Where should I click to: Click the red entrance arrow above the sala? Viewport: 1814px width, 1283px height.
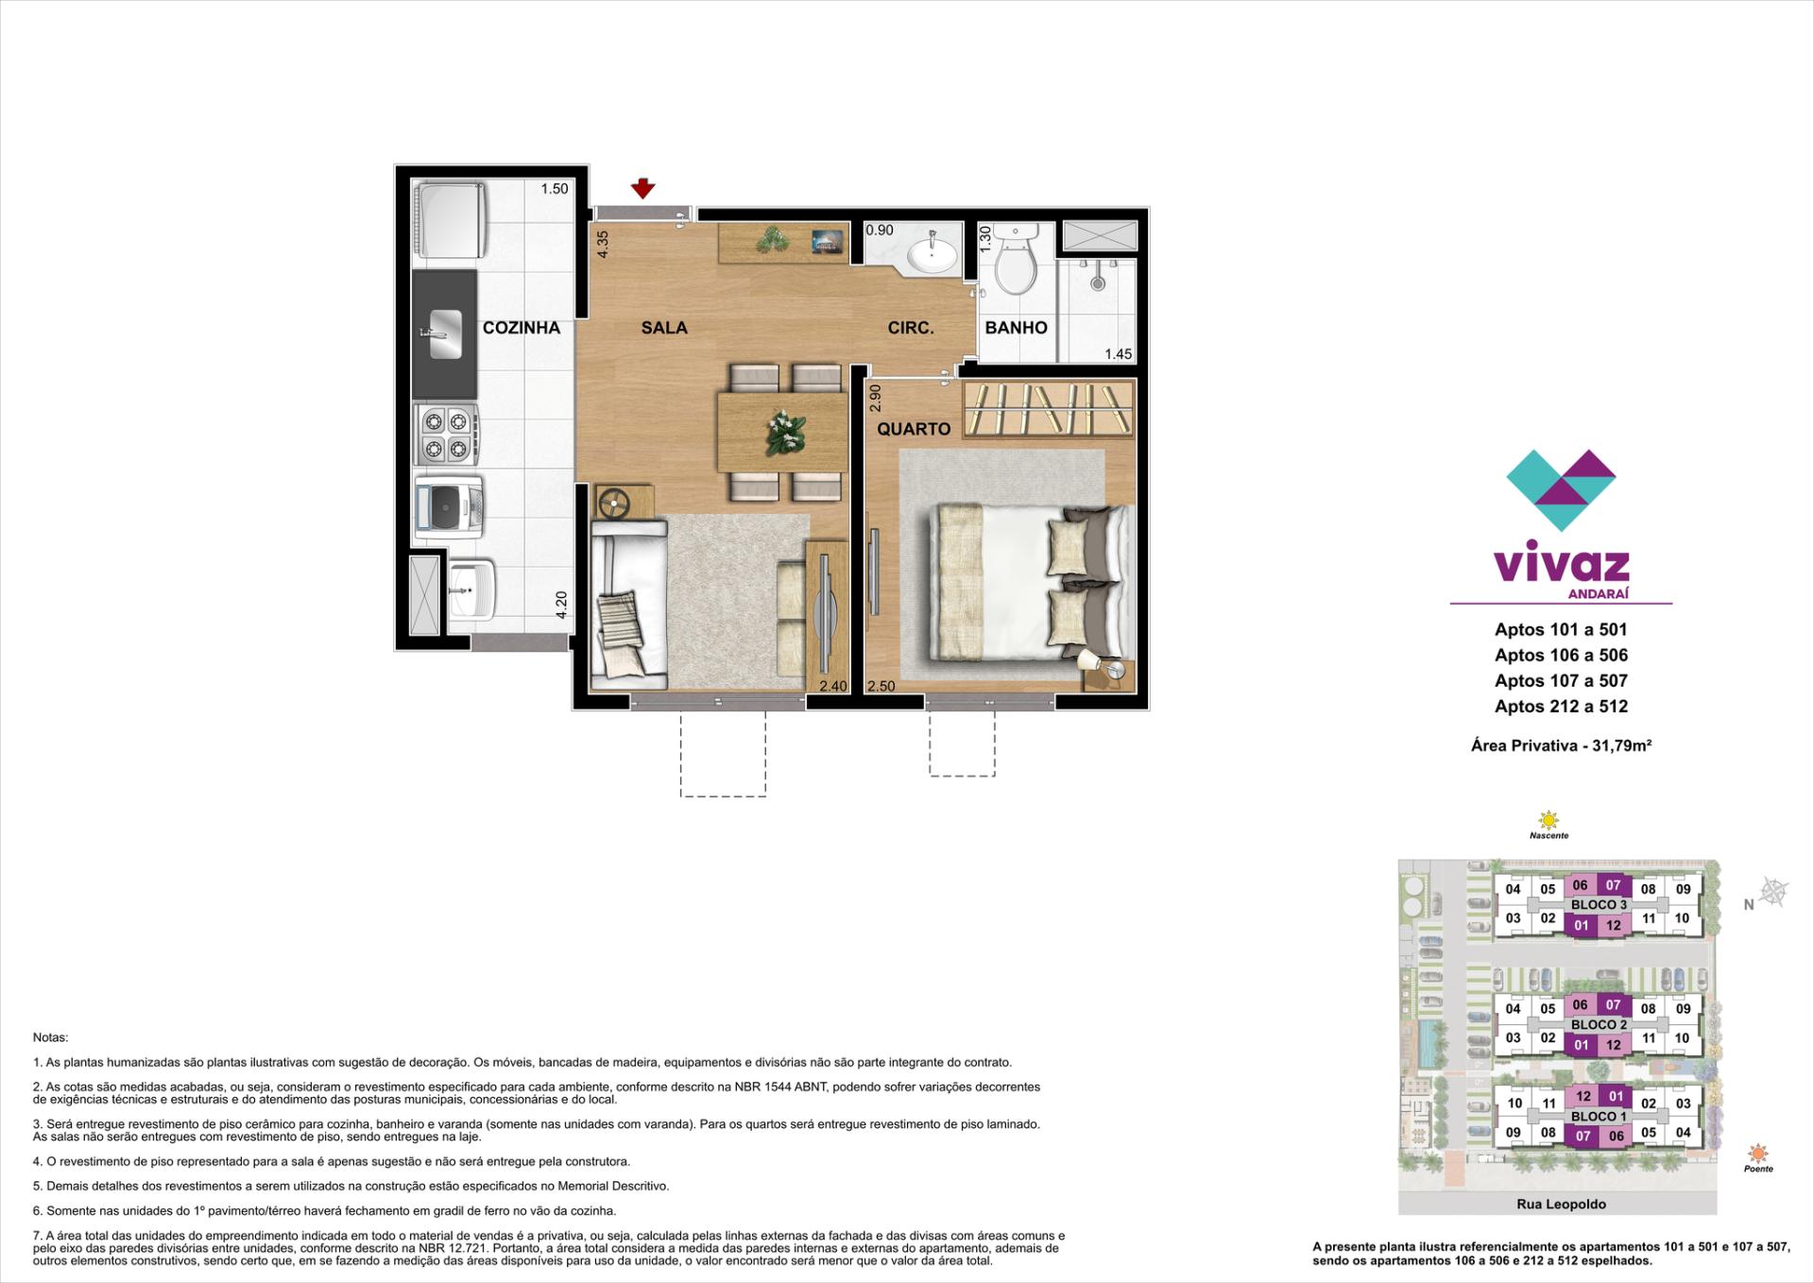pyautogui.click(x=642, y=188)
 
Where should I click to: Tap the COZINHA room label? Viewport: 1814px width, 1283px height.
pyautogui.click(x=522, y=328)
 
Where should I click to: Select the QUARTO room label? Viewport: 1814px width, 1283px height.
pyautogui.click(x=914, y=429)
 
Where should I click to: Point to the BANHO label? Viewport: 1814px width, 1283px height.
pyautogui.click(x=1016, y=328)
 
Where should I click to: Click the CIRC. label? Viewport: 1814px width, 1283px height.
pyautogui.click(x=911, y=328)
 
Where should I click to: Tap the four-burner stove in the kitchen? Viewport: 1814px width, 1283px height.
pyautogui.click(x=445, y=434)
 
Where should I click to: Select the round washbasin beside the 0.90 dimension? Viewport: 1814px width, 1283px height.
pyautogui.click(x=933, y=252)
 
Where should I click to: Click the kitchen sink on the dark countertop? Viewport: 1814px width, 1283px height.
pyautogui.click(x=444, y=334)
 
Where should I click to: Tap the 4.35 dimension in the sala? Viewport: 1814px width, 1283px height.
pyautogui.click(x=603, y=244)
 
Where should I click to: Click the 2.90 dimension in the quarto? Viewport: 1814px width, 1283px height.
pyautogui.click(x=875, y=397)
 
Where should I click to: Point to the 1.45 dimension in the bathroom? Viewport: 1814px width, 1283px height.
pyautogui.click(x=1118, y=354)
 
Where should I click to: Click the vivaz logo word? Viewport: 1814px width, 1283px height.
pyautogui.click(x=1561, y=565)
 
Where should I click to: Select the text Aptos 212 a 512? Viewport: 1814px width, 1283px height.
pyautogui.click(x=1561, y=706)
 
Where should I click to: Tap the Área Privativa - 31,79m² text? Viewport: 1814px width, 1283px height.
pyautogui.click(x=1561, y=745)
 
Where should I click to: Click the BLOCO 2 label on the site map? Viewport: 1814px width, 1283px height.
pyautogui.click(x=1599, y=1024)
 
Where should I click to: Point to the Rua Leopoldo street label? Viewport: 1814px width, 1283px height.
pyautogui.click(x=1561, y=1204)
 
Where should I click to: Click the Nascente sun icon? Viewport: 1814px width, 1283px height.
pyautogui.click(x=1549, y=819)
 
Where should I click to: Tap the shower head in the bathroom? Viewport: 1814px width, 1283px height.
pyautogui.click(x=1097, y=282)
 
